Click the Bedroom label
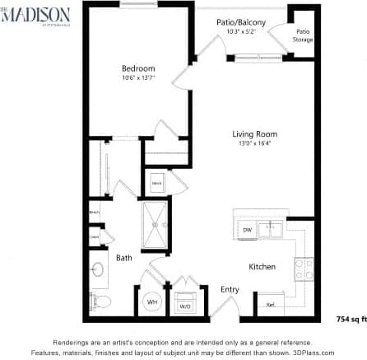tap(138, 68)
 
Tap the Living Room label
tap(253, 133)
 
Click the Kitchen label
tap(262, 266)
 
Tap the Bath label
tap(124, 258)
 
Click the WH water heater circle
tap(152, 302)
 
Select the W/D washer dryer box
tap(185, 302)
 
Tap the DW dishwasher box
tap(247, 230)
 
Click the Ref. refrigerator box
tap(271, 303)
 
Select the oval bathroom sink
tap(97, 269)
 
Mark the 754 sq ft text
tap(350, 317)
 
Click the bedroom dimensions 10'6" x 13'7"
tap(138, 77)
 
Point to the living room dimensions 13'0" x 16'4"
tap(253, 143)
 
